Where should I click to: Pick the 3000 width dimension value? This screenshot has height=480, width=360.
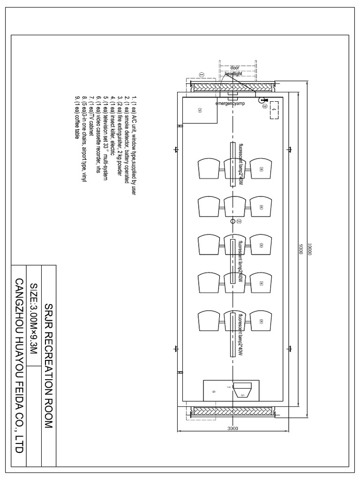232,428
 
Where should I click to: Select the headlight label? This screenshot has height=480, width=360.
233,74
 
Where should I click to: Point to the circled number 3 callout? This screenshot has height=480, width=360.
265,107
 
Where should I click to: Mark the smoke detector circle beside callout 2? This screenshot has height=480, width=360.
232,221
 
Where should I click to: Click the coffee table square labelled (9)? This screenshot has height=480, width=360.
199,110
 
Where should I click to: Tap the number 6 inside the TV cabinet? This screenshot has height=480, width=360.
214,390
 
